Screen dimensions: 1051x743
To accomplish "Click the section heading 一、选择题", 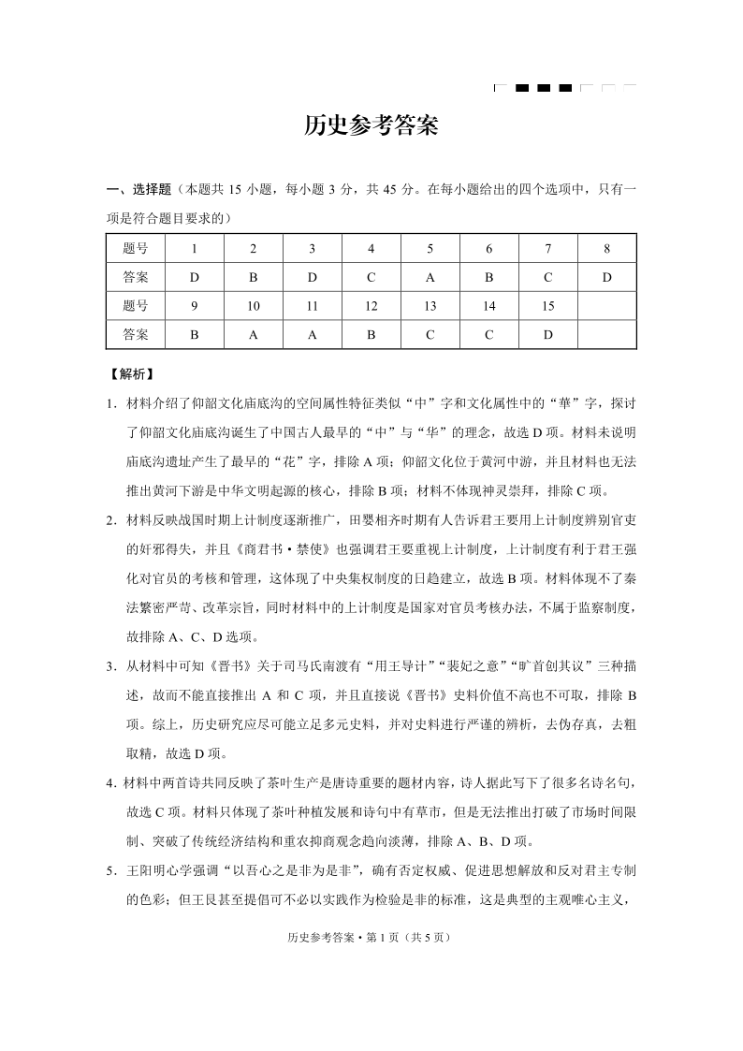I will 138,189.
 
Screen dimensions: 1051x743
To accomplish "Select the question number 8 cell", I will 606,249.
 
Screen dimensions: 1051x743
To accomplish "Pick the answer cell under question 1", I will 194,277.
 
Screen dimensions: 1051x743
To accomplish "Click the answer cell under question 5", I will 430,277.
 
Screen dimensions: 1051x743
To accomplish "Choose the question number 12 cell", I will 371,306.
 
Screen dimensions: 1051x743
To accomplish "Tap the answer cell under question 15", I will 547,334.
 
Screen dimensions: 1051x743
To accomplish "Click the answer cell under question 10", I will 253,334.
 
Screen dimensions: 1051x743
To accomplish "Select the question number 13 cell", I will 430,306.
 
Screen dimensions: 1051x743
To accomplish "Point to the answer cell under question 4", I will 371,277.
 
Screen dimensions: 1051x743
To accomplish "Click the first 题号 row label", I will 135,249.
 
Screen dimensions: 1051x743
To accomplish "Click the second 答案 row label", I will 135,334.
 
